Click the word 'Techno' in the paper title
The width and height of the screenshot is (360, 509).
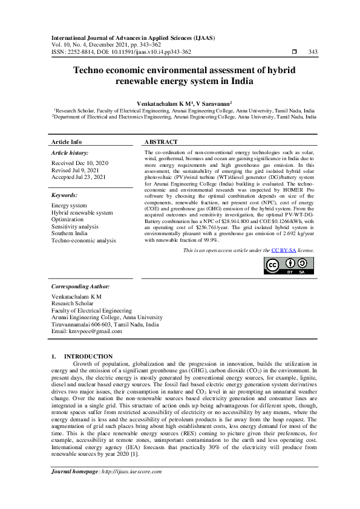point(93,70)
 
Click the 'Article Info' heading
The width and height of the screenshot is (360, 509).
point(67,141)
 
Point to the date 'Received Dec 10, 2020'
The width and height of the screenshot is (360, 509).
point(80,163)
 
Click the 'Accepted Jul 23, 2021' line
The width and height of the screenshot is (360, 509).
point(79,178)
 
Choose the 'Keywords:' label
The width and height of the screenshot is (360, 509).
point(65,195)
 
